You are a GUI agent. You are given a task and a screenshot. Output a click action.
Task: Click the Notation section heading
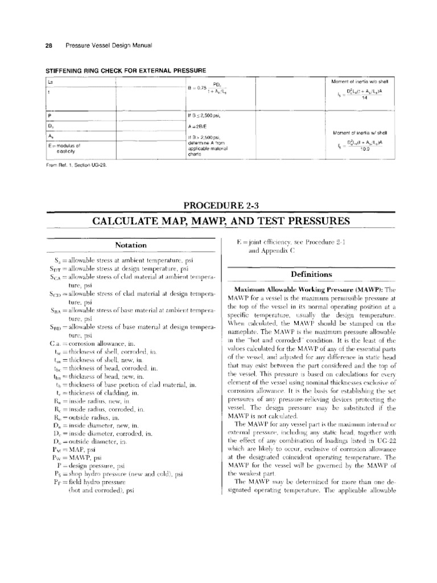(x=131, y=245)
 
